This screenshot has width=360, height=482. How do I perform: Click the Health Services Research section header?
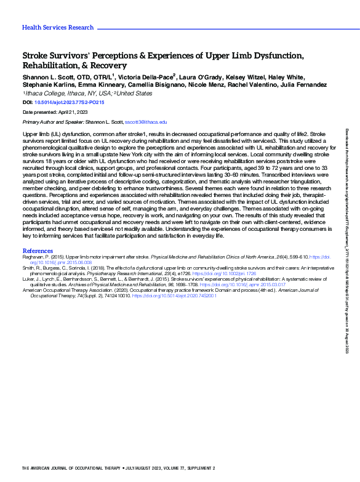pos(58,28)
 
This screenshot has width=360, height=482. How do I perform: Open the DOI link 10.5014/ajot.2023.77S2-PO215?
pos(69,102)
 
